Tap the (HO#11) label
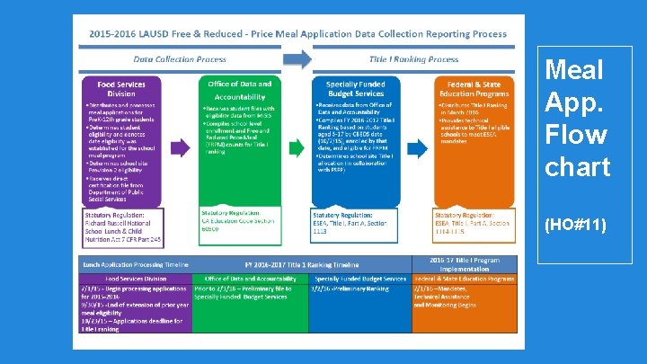coord(576,225)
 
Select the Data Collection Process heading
coord(180,59)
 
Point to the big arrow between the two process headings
coord(297,59)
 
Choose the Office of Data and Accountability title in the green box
coord(239,89)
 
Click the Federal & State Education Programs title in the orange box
coord(474,88)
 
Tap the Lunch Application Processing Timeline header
coord(136,265)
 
